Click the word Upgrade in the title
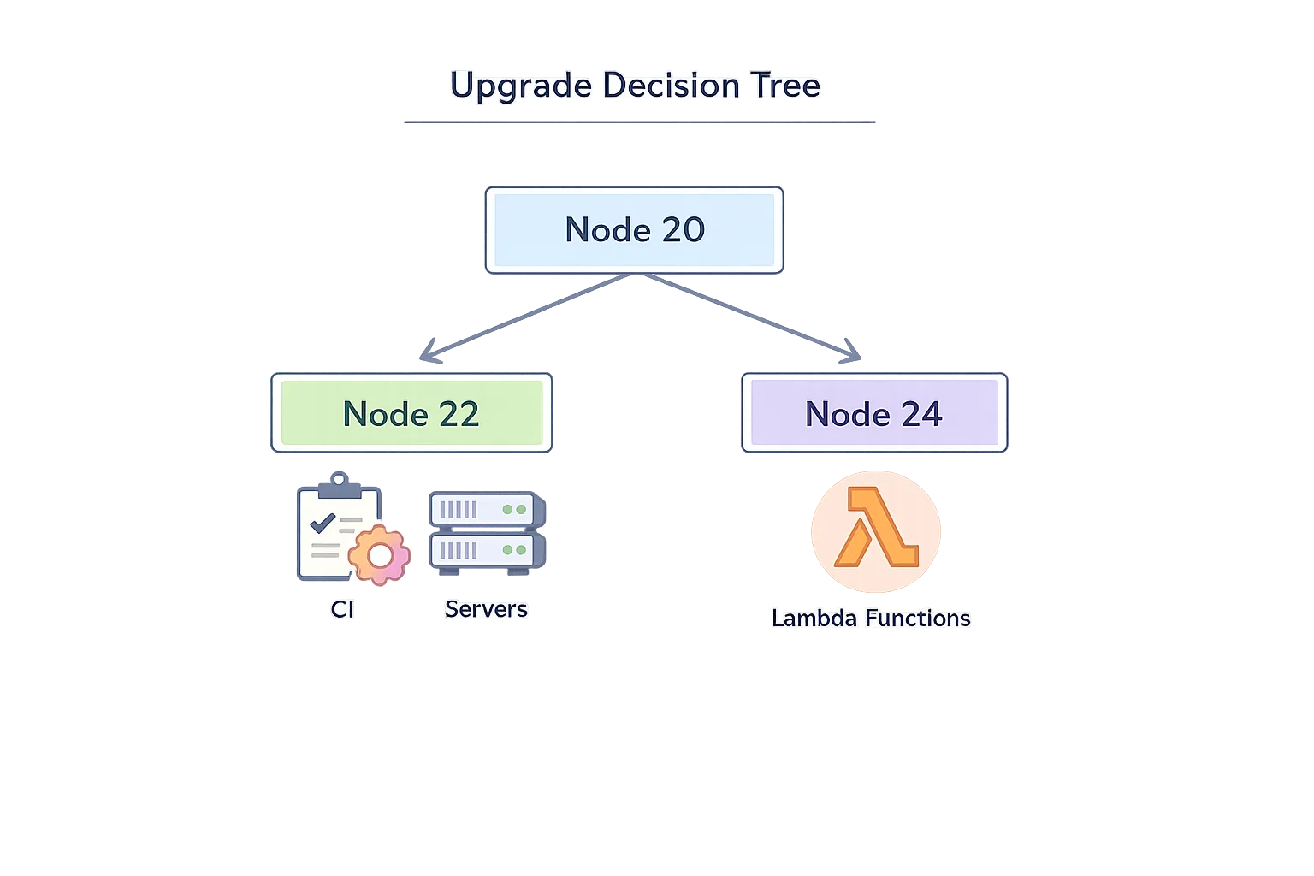click(x=520, y=86)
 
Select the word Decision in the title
click(x=671, y=86)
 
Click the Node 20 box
click(x=634, y=230)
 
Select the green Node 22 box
click(x=411, y=414)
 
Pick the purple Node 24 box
click(x=873, y=414)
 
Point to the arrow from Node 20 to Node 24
click(x=744, y=316)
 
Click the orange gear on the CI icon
click(x=379, y=555)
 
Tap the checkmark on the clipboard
click(x=323, y=523)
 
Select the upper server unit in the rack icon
click(x=486, y=510)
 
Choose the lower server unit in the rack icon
click(x=486, y=550)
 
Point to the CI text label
click(x=342, y=609)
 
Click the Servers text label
click(x=486, y=609)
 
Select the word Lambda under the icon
click(x=814, y=619)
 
